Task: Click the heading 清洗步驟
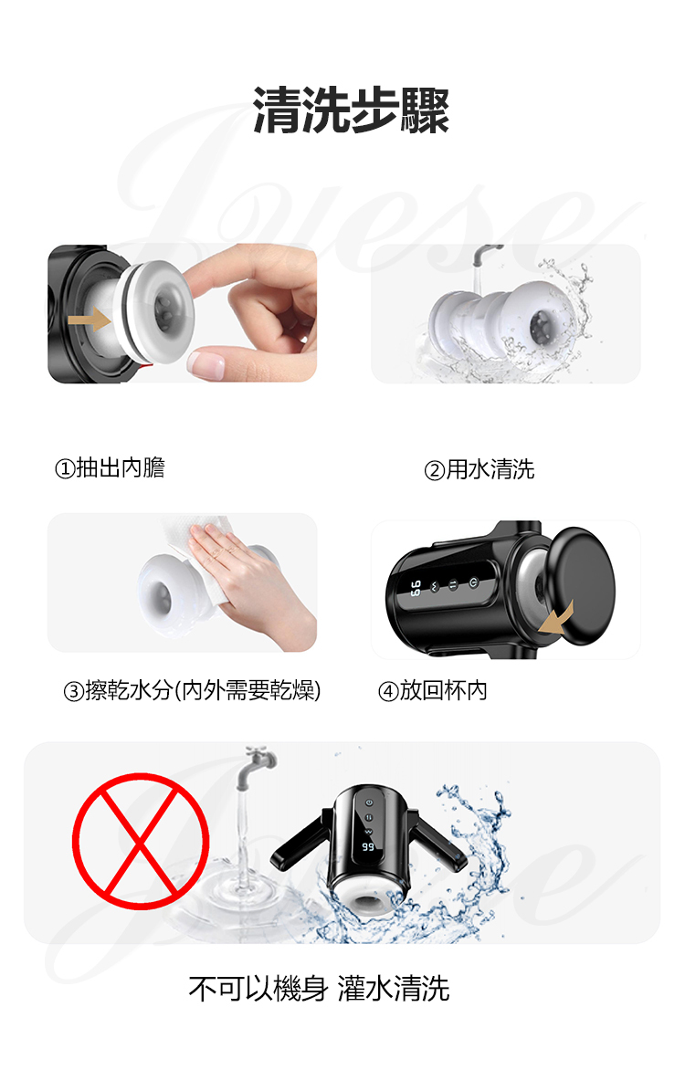point(351,110)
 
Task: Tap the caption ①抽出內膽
point(110,468)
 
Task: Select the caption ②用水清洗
point(479,469)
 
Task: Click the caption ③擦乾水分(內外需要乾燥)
point(192,690)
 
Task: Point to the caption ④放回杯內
point(433,690)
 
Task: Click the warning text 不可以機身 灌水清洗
point(319,989)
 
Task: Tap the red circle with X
point(141,841)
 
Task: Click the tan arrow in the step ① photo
point(90,319)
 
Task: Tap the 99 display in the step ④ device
point(415,588)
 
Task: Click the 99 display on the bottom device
point(368,847)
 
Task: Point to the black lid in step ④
point(582,585)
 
